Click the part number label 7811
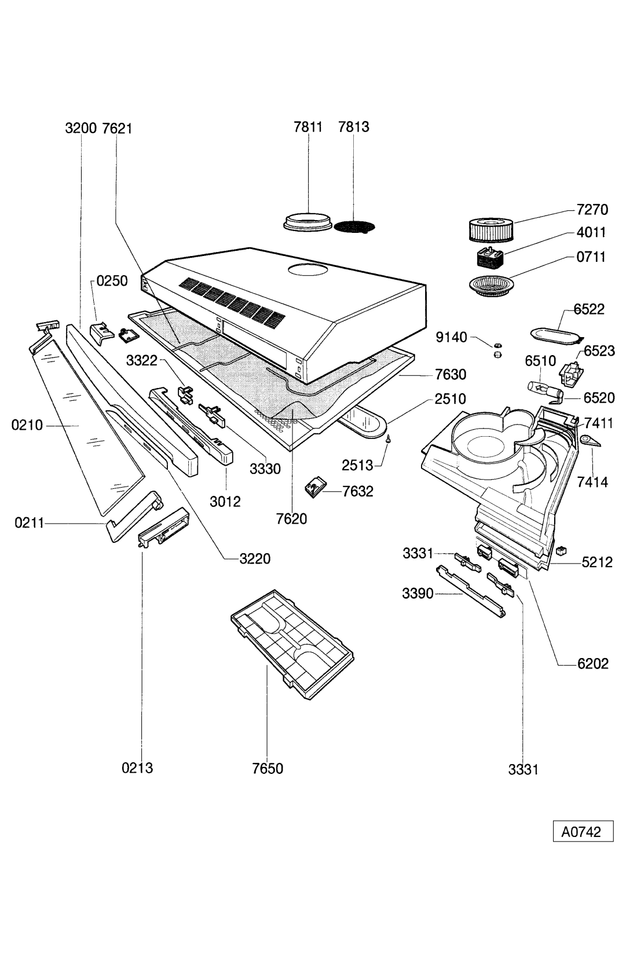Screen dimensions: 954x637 pyautogui.click(x=307, y=126)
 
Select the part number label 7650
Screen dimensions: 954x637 pyautogui.click(x=268, y=769)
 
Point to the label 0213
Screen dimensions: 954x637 pyautogui.click(x=137, y=768)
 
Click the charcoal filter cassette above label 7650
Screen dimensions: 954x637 pyautogui.click(x=292, y=643)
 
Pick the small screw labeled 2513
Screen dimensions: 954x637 pyautogui.click(x=390, y=440)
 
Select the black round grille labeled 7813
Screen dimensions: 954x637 pyautogui.click(x=355, y=225)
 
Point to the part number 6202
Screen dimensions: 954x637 pyautogui.click(x=592, y=664)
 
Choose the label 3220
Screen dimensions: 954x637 pyautogui.click(x=255, y=559)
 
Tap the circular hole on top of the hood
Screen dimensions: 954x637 pyautogui.click(x=307, y=269)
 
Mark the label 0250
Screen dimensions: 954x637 pyautogui.click(x=112, y=281)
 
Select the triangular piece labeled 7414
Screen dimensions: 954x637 pyautogui.click(x=590, y=441)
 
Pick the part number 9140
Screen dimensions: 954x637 pyautogui.click(x=451, y=337)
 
